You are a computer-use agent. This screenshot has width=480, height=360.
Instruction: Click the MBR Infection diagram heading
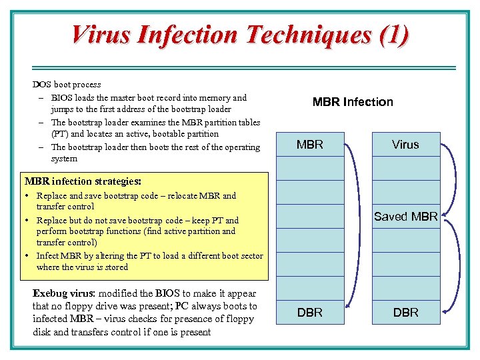click(x=353, y=102)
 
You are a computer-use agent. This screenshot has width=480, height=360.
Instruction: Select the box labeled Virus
click(x=405, y=145)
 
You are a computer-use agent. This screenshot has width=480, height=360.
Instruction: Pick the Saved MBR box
click(x=405, y=217)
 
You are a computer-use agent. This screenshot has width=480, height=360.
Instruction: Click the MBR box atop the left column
click(x=310, y=145)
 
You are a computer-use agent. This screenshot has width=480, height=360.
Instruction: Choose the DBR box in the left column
click(x=310, y=312)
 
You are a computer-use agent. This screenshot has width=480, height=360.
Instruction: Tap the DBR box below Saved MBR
click(x=405, y=312)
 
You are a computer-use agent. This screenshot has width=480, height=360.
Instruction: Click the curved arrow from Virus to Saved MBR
click(x=454, y=180)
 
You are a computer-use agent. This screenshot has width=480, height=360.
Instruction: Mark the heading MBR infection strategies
click(x=82, y=181)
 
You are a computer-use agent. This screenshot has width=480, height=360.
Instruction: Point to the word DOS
click(x=42, y=85)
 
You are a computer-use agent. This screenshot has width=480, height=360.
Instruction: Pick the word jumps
click(x=63, y=109)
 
